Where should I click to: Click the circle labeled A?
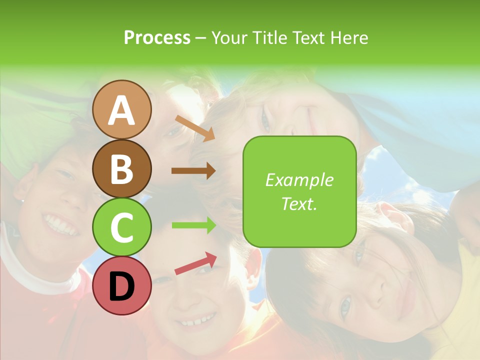click(122, 110)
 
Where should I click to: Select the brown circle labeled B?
click(122, 168)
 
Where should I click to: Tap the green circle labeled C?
click(122, 227)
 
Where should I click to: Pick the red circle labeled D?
click(122, 285)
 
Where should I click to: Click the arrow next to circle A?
click(195, 128)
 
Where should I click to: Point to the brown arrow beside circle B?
click(193, 170)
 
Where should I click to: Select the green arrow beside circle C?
click(193, 225)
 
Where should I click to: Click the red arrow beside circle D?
click(195, 263)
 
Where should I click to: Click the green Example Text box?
click(299, 191)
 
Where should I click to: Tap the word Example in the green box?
click(299, 180)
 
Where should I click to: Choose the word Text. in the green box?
click(299, 203)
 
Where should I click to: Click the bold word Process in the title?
click(157, 37)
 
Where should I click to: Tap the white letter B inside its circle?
click(122, 168)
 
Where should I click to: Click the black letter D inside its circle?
click(122, 286)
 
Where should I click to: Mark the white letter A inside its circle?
click(122, 110)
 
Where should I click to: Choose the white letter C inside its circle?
click(122, 227)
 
